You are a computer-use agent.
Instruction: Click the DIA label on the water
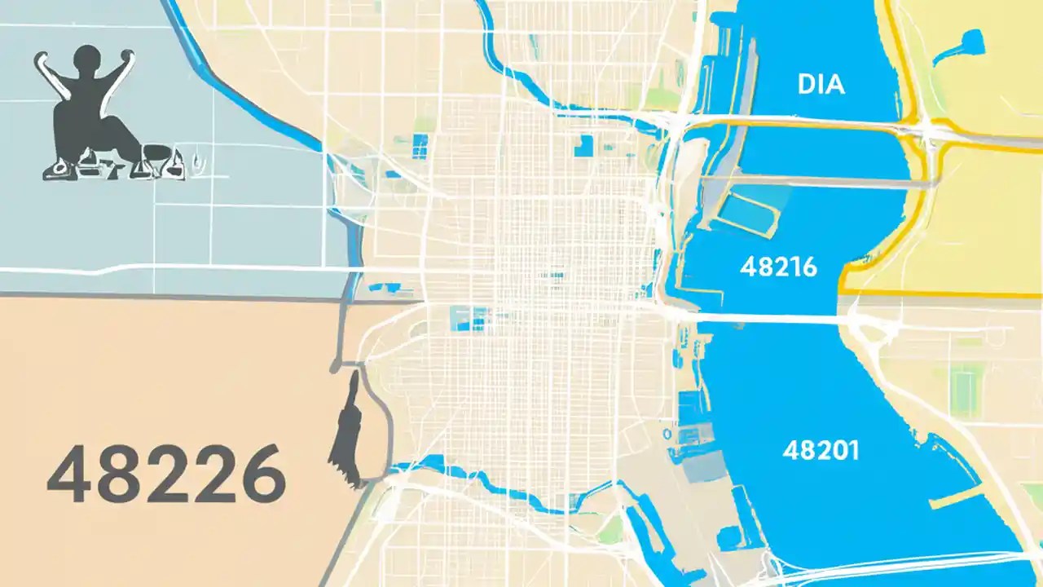pos(821,84)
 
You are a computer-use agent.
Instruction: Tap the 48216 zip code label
pos(778,267)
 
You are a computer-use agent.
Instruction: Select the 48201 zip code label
pos(820,450)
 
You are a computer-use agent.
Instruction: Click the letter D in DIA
pos(806,84)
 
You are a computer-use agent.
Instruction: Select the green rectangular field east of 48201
pos(966,383)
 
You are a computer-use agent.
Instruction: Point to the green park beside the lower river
pos(607,530)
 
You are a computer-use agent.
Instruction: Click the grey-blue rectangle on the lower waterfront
pos(706,466)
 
